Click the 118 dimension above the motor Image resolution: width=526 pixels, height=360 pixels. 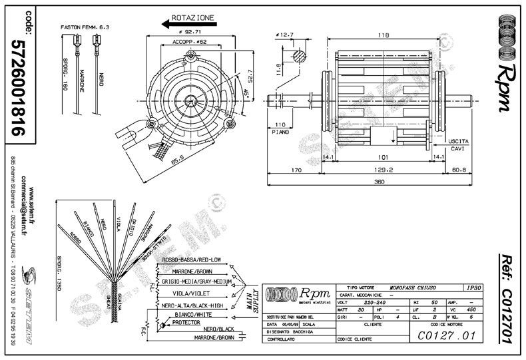pyautogui.click(x=384, y=35)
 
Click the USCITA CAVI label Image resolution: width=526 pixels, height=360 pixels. pyautogui.click(x=459, y=146)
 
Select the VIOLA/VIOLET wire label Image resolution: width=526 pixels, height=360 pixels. pyautogui.click(x=187, y=293)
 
